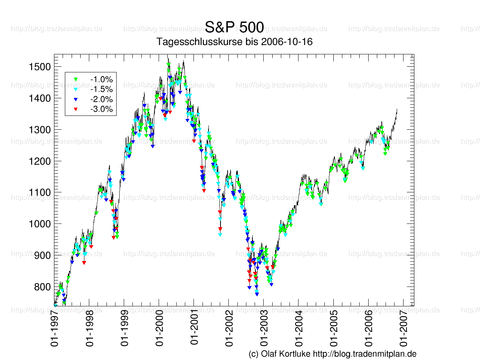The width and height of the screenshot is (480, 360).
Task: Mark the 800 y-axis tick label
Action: (40, 287)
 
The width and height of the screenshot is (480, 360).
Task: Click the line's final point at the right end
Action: (397, 108)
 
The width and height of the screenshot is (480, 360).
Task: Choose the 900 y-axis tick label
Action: (40, 256)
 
